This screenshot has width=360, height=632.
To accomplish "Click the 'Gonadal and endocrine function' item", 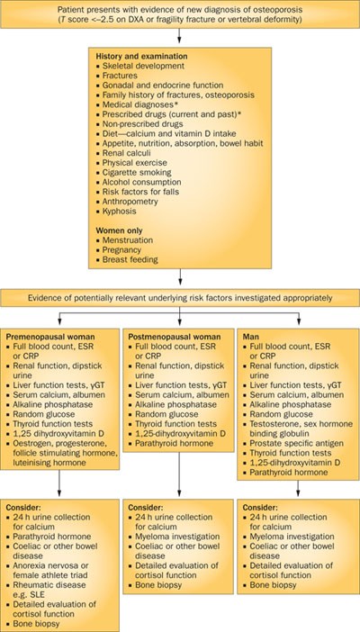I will (x=163, y=86).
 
